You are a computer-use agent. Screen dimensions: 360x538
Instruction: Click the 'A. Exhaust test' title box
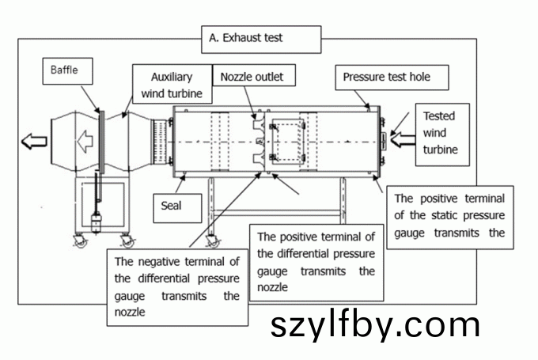(261, 37)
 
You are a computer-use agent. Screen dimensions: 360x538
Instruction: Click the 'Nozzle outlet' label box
(252, 77)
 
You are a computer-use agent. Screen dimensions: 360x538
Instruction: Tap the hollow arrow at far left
(34, 142)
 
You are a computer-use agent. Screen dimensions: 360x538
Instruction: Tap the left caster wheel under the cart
(81, 239)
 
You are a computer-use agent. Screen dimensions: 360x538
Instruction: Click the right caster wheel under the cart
(127, 239)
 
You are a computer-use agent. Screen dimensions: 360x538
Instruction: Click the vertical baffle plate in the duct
(101, 142)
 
